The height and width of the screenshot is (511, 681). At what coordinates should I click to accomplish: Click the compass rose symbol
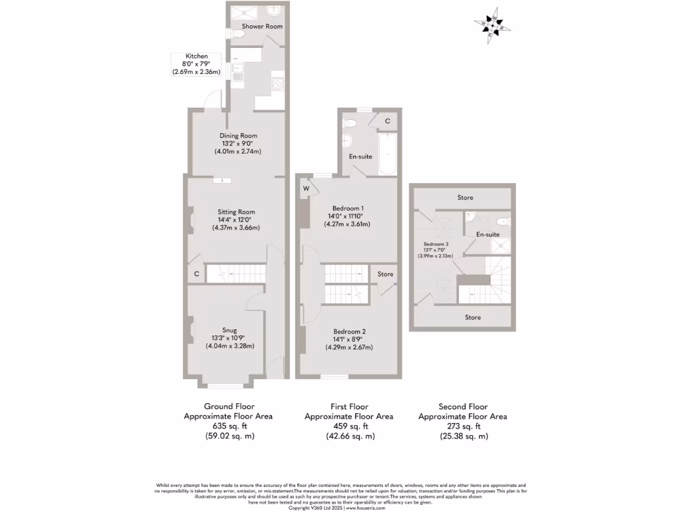point(493,26)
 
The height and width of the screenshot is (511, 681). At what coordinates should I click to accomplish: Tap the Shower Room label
point(262,27)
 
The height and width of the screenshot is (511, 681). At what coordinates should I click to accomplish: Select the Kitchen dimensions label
point(196,64)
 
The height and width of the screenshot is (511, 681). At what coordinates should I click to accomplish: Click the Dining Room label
point(238,136)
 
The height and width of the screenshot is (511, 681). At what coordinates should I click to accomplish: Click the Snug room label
point(230,329)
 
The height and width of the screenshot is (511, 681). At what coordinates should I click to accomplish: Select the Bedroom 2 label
point(350,331)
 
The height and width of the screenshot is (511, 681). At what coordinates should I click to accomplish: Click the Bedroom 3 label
point(436,244)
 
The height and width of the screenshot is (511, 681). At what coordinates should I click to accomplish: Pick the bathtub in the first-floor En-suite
point(387,154)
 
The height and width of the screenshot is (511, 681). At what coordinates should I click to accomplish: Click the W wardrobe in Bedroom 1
point(307,188)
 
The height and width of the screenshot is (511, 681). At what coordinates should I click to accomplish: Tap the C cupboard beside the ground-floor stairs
point(197,273)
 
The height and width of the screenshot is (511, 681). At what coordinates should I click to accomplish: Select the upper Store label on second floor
point(465,198)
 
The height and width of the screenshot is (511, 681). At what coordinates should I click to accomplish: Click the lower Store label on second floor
point(473,317)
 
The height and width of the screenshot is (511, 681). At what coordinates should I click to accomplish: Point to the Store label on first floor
point(385,274)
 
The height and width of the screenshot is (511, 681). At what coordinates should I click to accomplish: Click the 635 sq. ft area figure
point(229,426)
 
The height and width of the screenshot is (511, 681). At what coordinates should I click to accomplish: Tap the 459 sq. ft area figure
point(348,426)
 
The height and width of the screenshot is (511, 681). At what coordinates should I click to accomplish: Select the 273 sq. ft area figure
point(463,426)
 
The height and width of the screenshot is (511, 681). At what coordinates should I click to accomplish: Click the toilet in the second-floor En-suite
point(503,222)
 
